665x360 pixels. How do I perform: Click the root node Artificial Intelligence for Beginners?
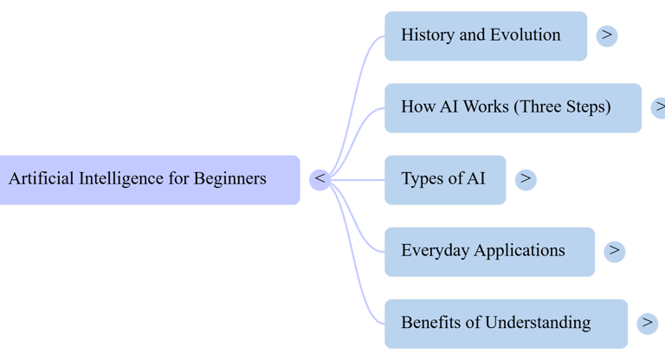point(147,180)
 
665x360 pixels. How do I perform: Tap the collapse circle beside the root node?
point(320,179)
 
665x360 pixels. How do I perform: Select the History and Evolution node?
point(485,35)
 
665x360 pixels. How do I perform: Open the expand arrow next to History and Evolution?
point(607,35)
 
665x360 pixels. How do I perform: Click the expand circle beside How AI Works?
point(659,107)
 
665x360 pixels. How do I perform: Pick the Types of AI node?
point(444,179)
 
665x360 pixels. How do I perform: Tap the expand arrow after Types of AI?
point(526,179)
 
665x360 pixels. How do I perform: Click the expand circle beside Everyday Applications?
point(615,251)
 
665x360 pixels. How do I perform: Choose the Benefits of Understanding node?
point(506,323)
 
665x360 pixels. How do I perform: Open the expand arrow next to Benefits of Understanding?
point(647,323)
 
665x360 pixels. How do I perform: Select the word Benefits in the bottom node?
point(430,323)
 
